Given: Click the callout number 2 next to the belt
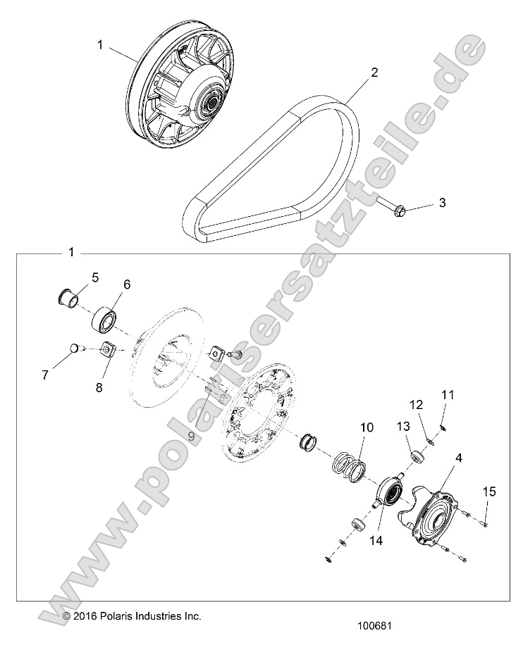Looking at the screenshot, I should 374,72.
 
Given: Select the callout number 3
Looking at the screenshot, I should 442,203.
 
